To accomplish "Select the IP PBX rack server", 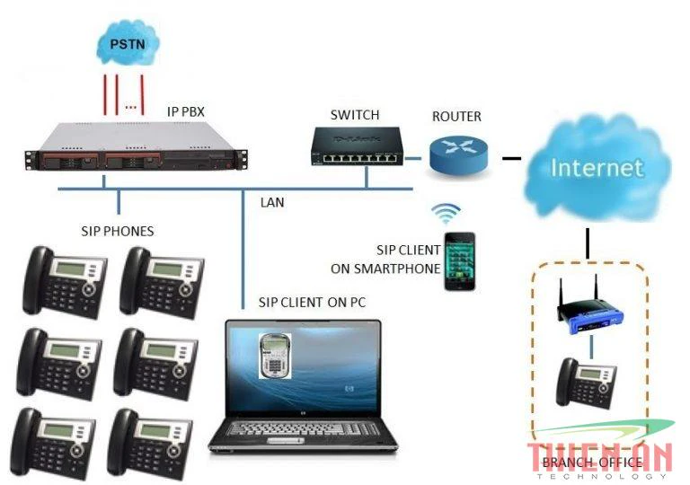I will (135, 149).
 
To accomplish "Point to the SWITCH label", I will (355, 115).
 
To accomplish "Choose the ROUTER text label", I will (456, 117).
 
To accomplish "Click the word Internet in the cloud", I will (597, 168).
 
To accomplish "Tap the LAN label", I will (271, 203).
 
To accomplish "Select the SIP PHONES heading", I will (117, 231).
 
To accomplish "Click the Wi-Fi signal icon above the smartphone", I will (446, 213).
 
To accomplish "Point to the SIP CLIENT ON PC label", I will (312, 302).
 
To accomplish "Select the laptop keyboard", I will (303, 429).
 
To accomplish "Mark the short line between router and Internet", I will (511, 159).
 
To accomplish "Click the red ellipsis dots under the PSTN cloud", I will (131, 106).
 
